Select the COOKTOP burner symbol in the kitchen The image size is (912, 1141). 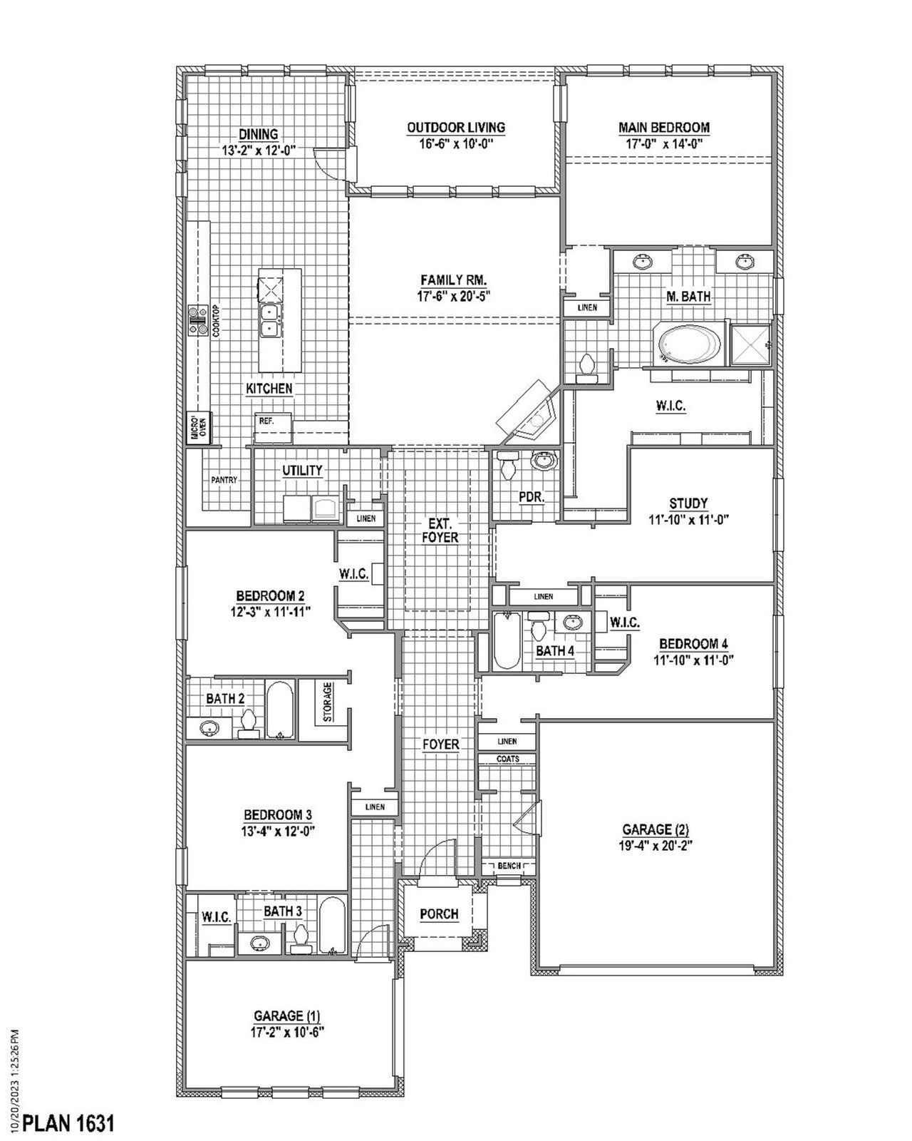click(196, 320)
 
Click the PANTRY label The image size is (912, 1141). click(224, 481)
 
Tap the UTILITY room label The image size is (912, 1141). click(302, 471)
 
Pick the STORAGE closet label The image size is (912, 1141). click(328, 703)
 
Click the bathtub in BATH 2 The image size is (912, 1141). click(280, 709)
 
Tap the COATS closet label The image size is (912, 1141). click(507, 759)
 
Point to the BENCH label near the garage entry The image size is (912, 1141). click(509, 866)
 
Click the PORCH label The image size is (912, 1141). click(439, 914)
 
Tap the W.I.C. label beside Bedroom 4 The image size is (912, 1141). click(624, 623)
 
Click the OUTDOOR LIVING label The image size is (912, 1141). click(456, 128)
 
